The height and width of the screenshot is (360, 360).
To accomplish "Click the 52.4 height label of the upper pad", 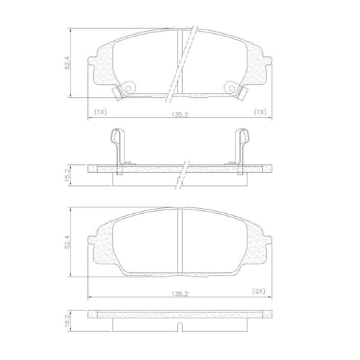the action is click(68, 63).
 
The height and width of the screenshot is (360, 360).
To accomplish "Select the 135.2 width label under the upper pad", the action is click(180, 114).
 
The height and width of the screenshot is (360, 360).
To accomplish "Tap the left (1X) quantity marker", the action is click(100, 112).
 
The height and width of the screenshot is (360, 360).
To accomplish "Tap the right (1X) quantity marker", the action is click(260, 112).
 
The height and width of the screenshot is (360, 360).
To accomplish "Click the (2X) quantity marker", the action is click(258, 292).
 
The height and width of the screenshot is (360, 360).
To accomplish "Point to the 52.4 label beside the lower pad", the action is click(68, 242).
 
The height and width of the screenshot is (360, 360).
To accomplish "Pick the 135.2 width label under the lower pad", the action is click(180, 294).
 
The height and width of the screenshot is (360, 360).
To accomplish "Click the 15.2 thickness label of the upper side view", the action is click(68, 175).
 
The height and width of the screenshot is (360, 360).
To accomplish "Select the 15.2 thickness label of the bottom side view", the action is click(68, 321).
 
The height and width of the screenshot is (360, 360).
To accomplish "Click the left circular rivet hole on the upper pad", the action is click(128, 89).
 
